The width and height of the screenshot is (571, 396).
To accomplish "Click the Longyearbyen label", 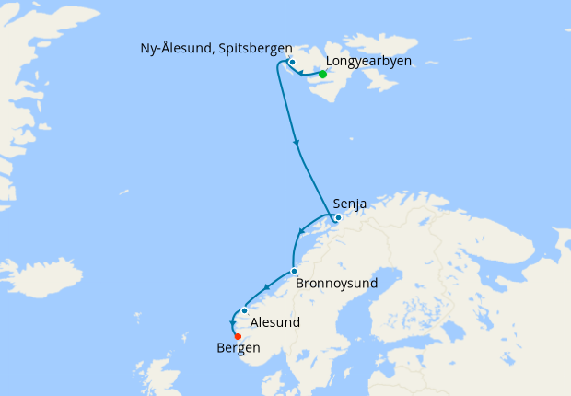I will (x=368, y=62).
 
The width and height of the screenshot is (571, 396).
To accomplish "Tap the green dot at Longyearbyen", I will (x=322, y=74).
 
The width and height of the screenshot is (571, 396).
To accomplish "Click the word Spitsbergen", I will (x=255, y=48).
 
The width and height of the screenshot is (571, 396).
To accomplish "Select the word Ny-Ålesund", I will (x=178, y=48).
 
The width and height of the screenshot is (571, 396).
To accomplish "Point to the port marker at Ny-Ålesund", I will (x=292, y=63).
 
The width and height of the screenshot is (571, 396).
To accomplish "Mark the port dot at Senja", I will (x=338, y=218).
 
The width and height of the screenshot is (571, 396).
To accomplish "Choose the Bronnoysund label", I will (x=337, y=284).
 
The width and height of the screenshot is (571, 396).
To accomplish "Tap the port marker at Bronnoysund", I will (x=293, y=271).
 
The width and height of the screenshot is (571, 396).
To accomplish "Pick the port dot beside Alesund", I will (x=244, y=310).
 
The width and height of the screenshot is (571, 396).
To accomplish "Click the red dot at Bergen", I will (x=238, y=336).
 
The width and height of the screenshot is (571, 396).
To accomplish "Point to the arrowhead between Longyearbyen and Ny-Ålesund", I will (x=300, y=73).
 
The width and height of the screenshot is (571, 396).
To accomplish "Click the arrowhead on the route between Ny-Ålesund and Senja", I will (x=297, y=143).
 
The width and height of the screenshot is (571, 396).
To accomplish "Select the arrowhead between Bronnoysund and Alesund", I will (x=267, y=288).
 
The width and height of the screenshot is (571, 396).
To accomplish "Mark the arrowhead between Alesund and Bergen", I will (x=231, y=322).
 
